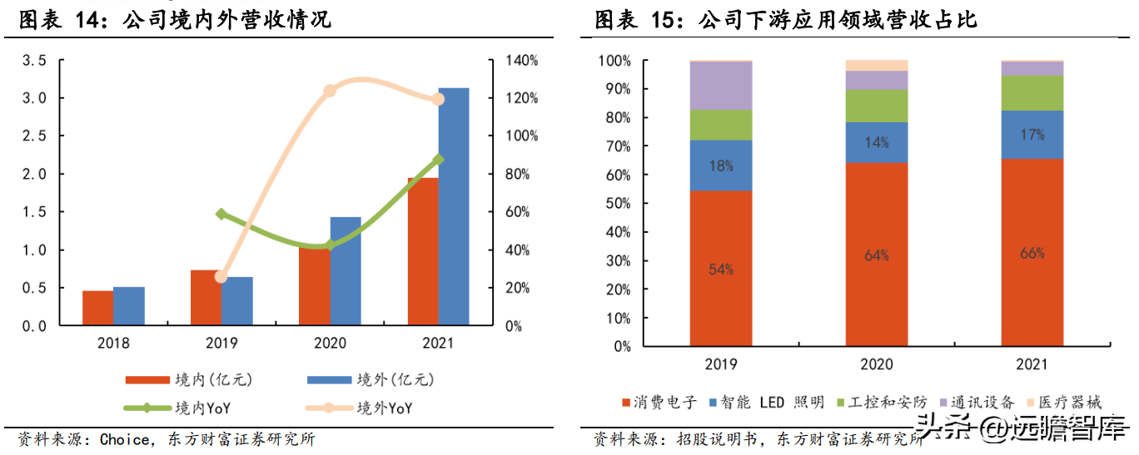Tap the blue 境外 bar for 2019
click(x=237, y=300)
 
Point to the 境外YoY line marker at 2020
click(x=330, y=90)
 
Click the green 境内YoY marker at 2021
click(x=439, y=160)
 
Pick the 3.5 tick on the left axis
click(x=34, y=61)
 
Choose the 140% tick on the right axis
click(x=522, y=61)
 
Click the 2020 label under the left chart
click(x=330, y=343)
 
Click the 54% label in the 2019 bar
click(x=721, y=269)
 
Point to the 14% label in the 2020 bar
click(x=877, y=142)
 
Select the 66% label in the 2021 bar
click(x=1032, y=253)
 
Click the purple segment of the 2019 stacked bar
click(x=721, y=86)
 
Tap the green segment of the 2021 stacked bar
click(x=1032, y=93)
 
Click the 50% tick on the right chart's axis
click(x=616, y=204)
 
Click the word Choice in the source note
click(x=125, y=438)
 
